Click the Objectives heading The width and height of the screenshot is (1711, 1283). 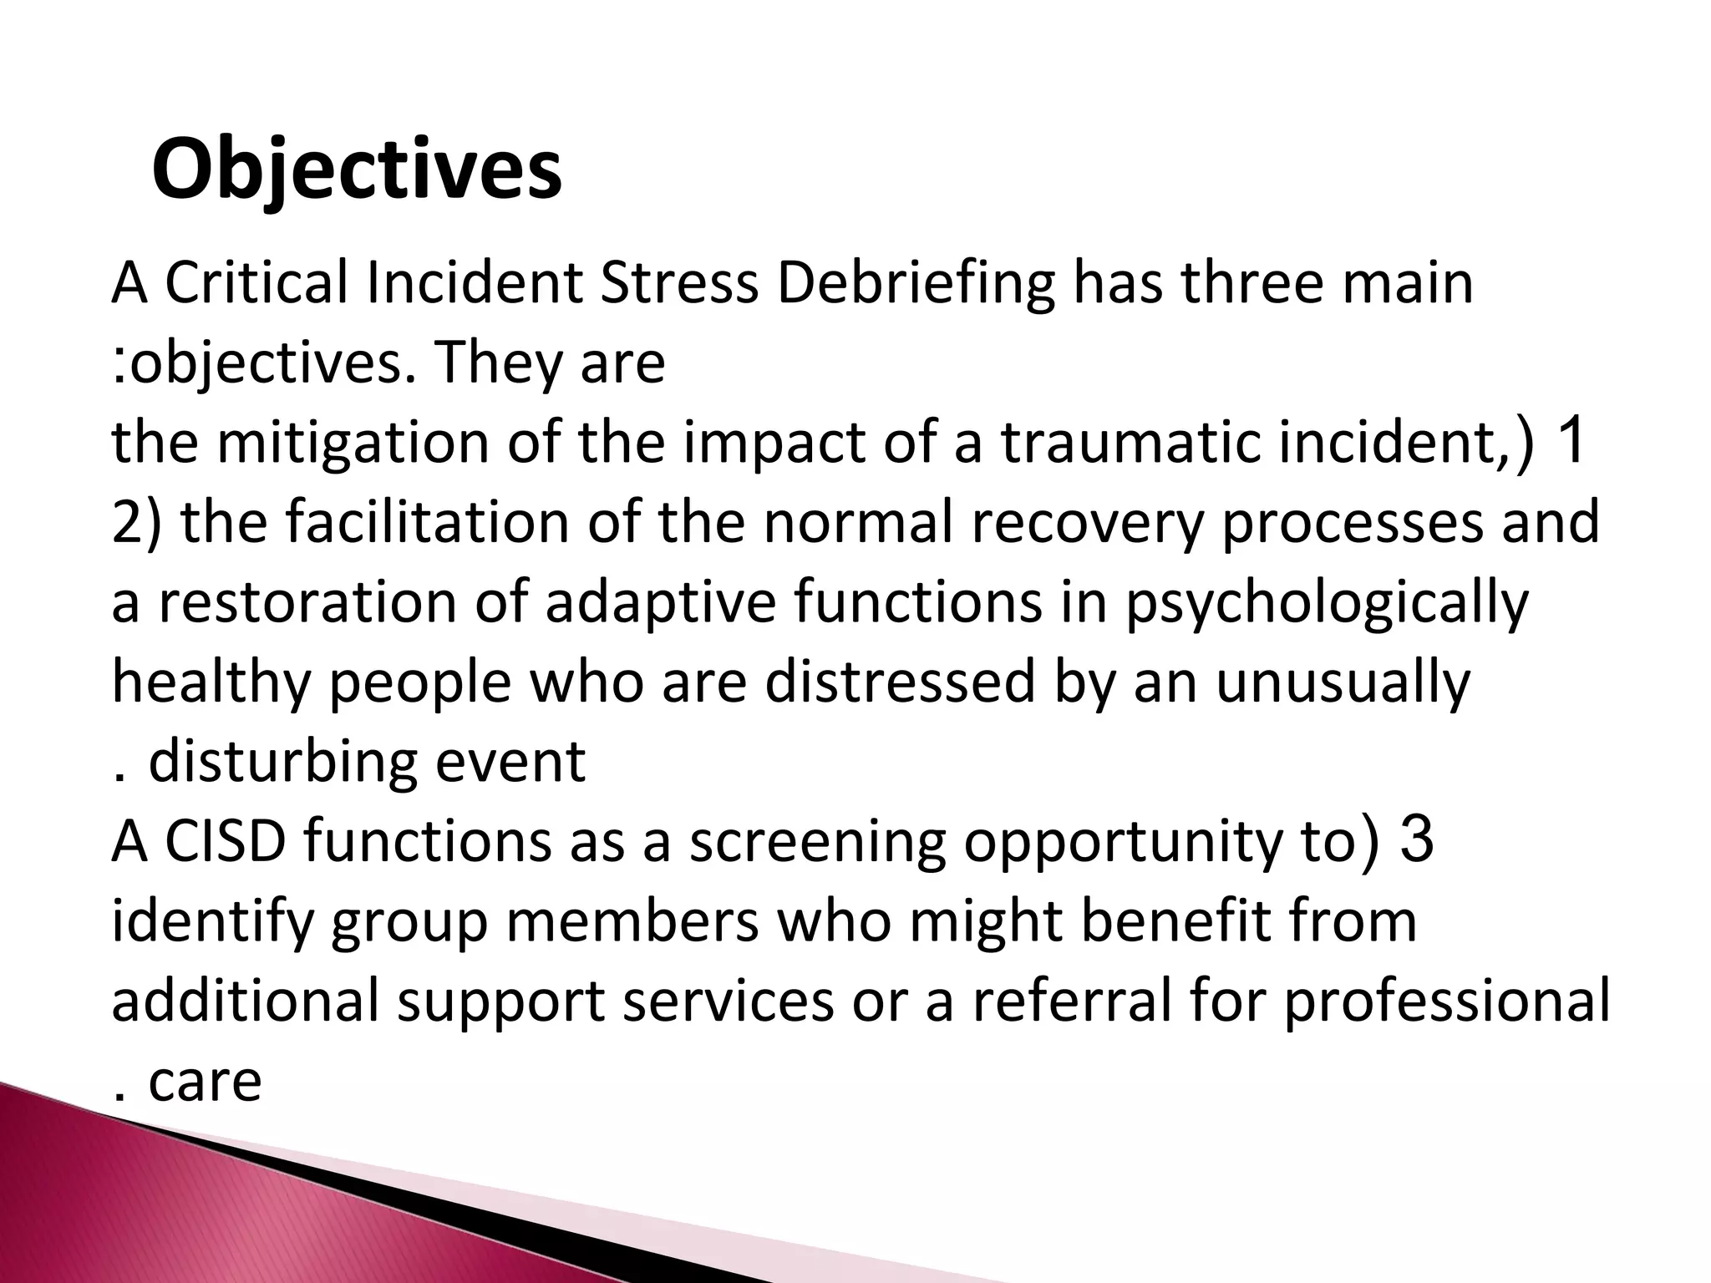357,171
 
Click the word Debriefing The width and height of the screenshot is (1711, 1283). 915,283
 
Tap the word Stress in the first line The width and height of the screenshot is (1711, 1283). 679,283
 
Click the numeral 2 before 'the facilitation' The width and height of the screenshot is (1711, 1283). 126,522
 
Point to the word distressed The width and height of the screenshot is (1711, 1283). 901,682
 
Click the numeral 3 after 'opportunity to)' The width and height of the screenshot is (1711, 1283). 1417,839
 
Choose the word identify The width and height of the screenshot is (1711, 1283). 212,922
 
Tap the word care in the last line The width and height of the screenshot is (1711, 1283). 205,1082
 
